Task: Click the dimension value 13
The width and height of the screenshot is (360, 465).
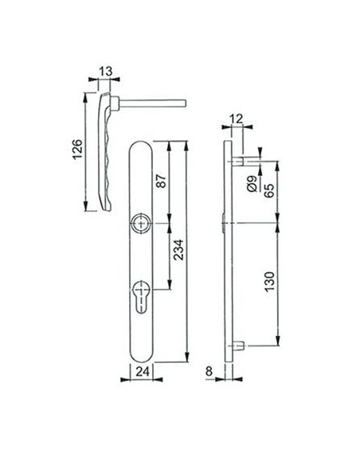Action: (106, 72)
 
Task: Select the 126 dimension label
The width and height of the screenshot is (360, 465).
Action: (78, 149)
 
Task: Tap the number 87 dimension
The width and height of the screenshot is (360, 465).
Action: (161, 181)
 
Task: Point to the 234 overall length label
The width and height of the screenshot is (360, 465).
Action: (179, 250)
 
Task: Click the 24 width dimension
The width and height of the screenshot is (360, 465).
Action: (143, 371)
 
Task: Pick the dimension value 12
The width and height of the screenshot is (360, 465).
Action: (237, 119)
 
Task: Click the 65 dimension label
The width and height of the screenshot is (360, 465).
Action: (269, 190)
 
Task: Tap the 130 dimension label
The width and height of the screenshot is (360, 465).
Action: (269, 281)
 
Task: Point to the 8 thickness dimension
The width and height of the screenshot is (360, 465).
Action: (209, 371)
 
